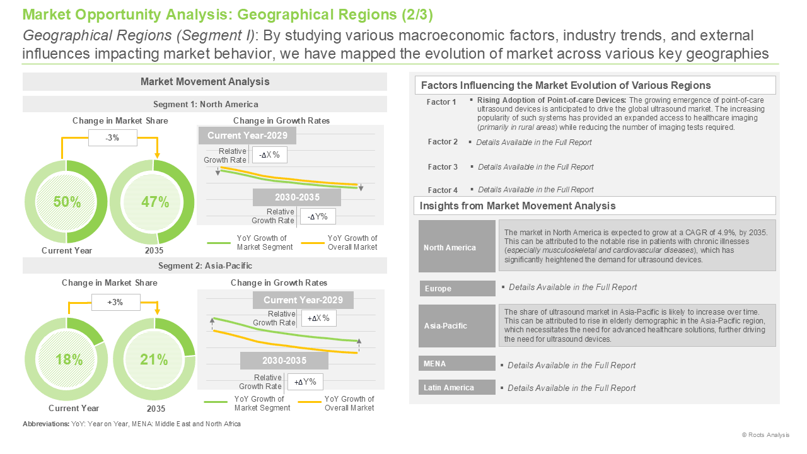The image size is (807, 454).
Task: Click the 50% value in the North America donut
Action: coord(67,202)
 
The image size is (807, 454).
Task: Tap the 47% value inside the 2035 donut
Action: coord(155,202)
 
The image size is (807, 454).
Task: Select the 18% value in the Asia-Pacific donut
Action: coord(69,359)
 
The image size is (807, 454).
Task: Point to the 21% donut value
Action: coord(154,359)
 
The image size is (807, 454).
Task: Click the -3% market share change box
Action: coord(113,137)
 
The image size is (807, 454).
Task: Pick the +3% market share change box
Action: coord(115,302)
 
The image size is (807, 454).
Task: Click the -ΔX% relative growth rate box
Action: coord(269,155)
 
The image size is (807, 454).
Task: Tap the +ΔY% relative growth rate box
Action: coord(305,382)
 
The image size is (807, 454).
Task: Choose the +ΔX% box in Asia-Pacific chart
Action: coord(318,318)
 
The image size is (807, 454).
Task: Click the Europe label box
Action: coord(458,289)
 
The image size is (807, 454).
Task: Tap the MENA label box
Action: coord(457,364)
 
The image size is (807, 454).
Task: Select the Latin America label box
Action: coord(457,387)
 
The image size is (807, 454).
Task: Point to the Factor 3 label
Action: coord(443,167)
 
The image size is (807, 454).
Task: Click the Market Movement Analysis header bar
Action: coord(205,82)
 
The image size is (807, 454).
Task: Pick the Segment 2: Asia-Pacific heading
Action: coord(205,266)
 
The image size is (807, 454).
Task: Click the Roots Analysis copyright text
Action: coord(765,435)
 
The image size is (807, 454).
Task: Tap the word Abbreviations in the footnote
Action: coord(46,424)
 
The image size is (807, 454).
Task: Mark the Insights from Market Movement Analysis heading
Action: coord(518,206)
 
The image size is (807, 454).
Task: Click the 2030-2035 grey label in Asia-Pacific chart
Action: coord(284,361)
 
